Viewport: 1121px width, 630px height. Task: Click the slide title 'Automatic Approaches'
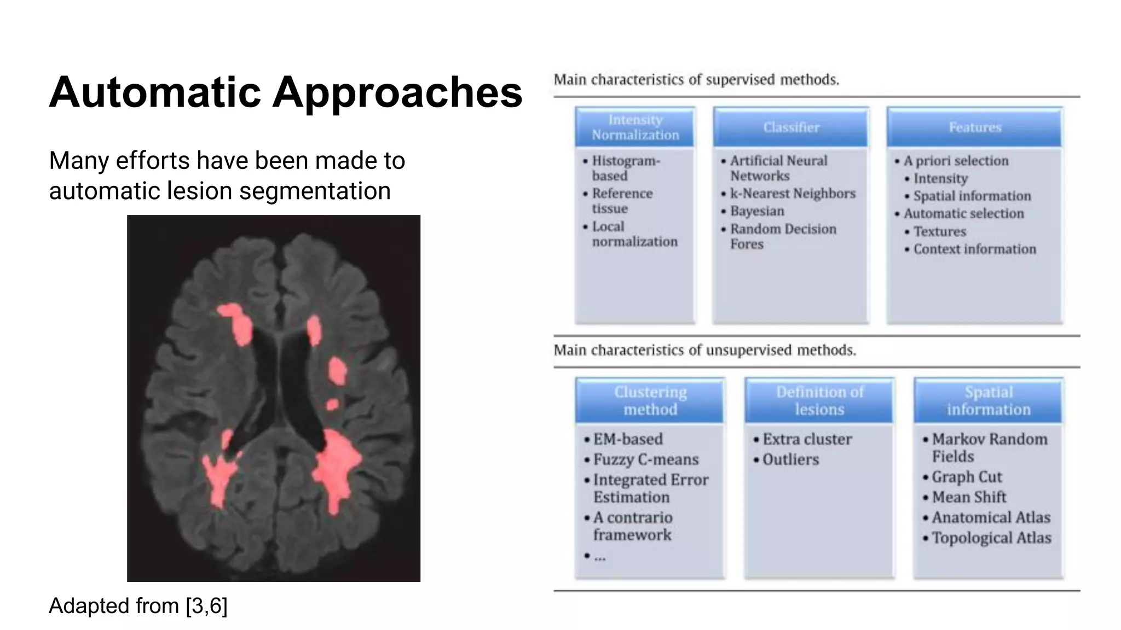[x=285, y=92]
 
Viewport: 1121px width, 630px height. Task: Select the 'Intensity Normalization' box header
[x=635, y=127]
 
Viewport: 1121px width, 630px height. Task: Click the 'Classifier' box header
[x=791, y=127]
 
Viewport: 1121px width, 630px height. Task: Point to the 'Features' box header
[x=974, y=127]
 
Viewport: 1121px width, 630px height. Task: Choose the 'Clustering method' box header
[x=650, y=400]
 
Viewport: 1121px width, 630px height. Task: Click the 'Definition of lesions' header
[x=819, y=400]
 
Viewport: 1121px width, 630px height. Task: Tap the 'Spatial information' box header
[x=988, y=400]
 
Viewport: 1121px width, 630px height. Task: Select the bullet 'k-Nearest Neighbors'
[x=792, y=194]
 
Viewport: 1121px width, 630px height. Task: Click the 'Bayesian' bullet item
[x=757, y=211]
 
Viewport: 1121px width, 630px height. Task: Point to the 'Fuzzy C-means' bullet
[x=646, y=459]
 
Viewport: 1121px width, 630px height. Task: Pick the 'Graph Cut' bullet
[x=967, y=477]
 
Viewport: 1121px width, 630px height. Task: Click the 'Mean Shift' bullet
[x=969, y=497]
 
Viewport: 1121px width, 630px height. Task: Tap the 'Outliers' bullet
[x=790, y=459]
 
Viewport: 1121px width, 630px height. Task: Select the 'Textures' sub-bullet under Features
[x=939, y=231]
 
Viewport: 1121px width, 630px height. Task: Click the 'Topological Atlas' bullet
[x=991, y=538]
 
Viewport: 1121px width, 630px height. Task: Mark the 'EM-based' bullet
[x=628, y=439]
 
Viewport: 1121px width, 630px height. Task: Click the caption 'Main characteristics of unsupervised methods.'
[x=704, y=350]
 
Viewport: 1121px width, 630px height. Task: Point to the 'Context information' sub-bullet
[x=974, y=249]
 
